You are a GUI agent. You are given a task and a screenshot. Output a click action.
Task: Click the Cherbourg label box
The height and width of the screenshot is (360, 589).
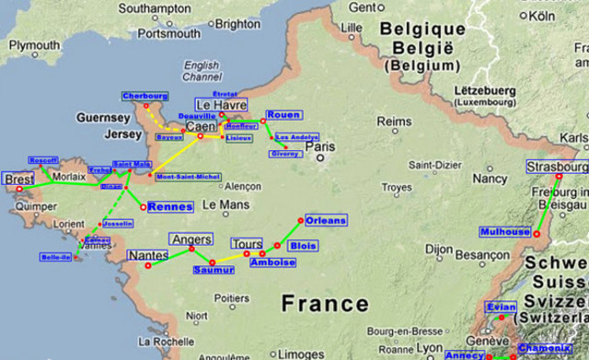145,96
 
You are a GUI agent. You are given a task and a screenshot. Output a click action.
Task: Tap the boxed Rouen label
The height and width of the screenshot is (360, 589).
283,115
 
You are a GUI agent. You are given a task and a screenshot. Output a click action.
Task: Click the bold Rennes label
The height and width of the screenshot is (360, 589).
170,207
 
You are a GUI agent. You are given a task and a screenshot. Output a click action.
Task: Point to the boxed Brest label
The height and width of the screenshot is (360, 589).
18,179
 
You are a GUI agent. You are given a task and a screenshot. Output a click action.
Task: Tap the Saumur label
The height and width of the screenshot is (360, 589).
214,271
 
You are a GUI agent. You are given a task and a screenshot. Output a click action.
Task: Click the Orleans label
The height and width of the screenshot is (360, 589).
326,221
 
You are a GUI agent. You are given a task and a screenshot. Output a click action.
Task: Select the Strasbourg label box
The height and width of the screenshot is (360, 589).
556,167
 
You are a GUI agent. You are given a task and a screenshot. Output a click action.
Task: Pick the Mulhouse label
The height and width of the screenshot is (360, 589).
505,232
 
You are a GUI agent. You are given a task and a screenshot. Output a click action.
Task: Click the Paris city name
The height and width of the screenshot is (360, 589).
320,146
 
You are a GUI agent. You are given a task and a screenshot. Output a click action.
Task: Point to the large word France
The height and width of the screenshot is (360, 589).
325,304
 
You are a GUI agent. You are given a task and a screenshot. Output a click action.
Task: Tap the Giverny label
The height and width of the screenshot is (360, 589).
284,154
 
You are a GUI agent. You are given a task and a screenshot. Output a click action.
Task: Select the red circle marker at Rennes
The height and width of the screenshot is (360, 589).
143,207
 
